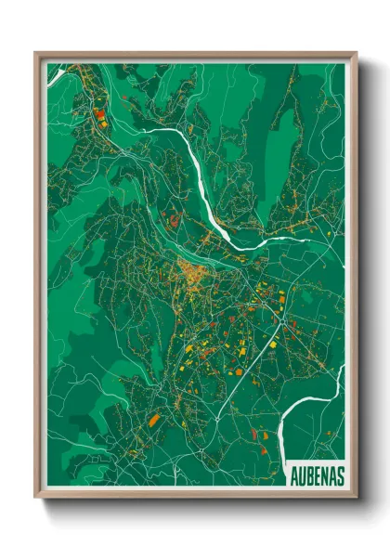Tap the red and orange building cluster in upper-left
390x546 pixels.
[98, 117]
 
